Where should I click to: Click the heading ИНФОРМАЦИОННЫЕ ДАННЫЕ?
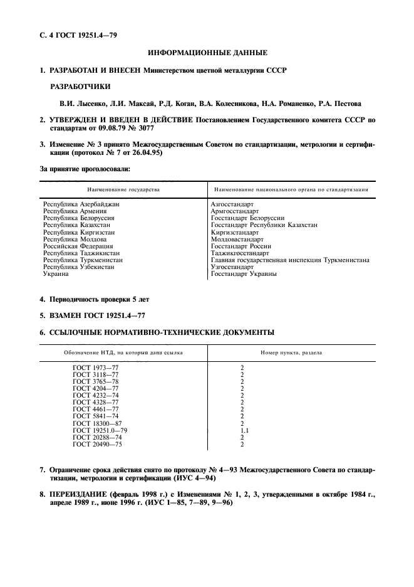click(x=207, y=54)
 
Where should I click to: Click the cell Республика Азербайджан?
click(x=81, y=204)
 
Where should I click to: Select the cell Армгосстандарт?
click(x=235, y=211)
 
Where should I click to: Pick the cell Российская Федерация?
click(x=78, y=246)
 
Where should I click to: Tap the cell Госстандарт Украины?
click(x=244, y=274)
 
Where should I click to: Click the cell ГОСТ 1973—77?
click(x=91, y=368)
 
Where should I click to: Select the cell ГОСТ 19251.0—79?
click(x=100, y=431)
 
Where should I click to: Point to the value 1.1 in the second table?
click(x=244, y=431)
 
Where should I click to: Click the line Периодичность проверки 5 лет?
click(x=98, y=299)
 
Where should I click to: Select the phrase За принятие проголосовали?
click(x=85, y=169)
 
